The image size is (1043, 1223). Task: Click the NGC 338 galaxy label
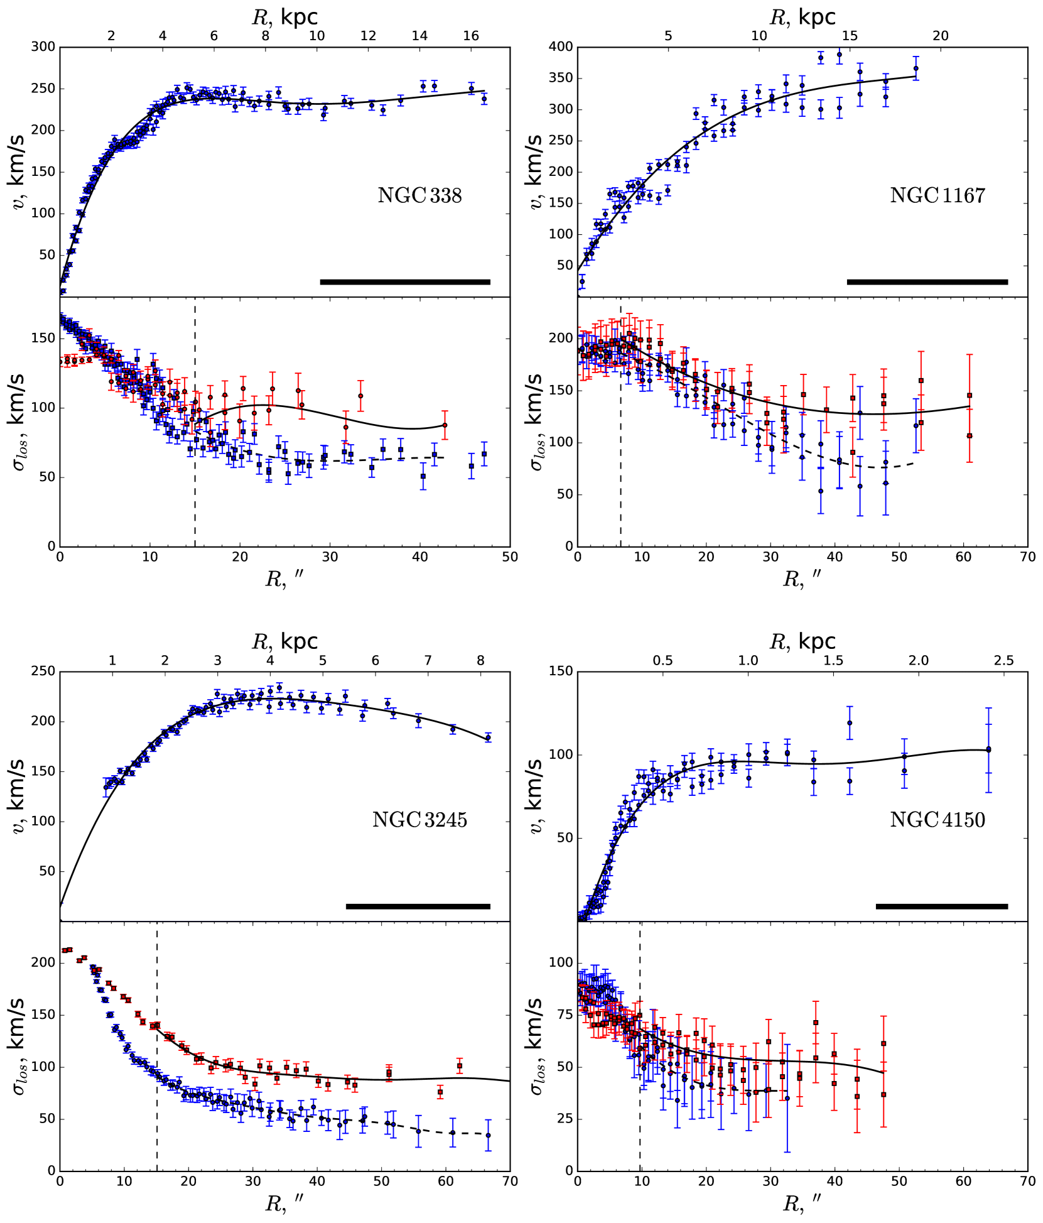tap(419, 195)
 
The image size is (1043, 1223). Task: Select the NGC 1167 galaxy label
tap(937, 195)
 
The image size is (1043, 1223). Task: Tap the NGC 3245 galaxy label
tap(419, 820)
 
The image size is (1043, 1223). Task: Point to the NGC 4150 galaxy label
tap(937, 820)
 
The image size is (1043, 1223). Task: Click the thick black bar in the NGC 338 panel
tap(405, 282)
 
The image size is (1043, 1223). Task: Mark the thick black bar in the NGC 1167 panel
tap(927, 282)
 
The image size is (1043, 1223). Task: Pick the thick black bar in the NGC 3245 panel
tap(418, 906)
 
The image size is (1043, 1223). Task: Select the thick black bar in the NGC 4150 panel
tap(941, 906)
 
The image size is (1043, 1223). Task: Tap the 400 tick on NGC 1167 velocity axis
tap(561, 47)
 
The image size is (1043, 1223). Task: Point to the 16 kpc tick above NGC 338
tap(471, 36)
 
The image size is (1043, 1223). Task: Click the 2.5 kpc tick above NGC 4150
tap(1003, 660)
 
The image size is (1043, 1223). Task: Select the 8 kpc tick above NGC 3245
tap(480, 660)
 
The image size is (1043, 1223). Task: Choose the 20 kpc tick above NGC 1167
tap(940, 36)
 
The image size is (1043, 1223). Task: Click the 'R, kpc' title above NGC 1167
tap(802, 17)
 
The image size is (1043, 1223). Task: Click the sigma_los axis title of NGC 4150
tap(536, 1046)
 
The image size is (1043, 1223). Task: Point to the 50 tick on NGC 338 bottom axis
tap(509, 557)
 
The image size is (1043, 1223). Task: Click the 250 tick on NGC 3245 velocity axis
tap(43, 671)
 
